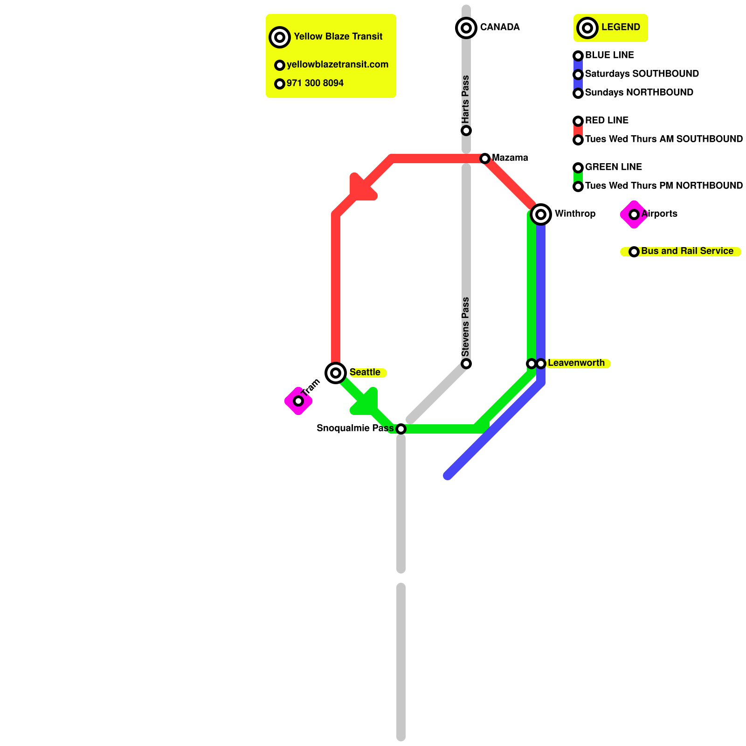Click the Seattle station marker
[x=336, y=373]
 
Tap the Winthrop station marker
[x=541, y=214]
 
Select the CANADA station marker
[x=466, y=28]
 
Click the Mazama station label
[x=510, y=158]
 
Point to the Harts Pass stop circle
[x=466, y=131]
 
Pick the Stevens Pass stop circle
[x=466, y=364]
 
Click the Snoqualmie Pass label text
[x=355, y=428]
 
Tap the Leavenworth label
[x=576, y=363]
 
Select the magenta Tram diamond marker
[x=298, y=401]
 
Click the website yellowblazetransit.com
[x=337, y=65]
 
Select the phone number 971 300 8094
[x=315, y=83]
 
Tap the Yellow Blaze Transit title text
[x=338, y=37]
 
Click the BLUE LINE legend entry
[x=609, y=55]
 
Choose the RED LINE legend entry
[x=606, y=121]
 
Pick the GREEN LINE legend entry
[x=613, y=167]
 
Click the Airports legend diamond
[x=634, y=214]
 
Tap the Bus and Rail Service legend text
[x=687, y=251]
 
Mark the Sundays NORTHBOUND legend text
[x=639, y=93]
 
